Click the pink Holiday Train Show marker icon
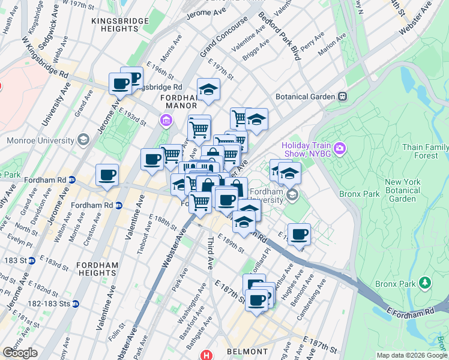(340, 148)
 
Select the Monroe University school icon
(83, 140)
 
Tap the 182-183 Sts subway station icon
(75, 304)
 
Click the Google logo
(20, 352)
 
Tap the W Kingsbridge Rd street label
(46, 58)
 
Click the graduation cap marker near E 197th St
(208, 89)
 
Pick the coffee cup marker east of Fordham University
(298, 234)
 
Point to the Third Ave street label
(212, 253)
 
